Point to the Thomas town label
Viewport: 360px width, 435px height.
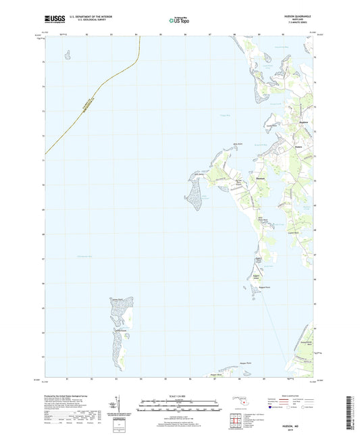click(x=240, y=178)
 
